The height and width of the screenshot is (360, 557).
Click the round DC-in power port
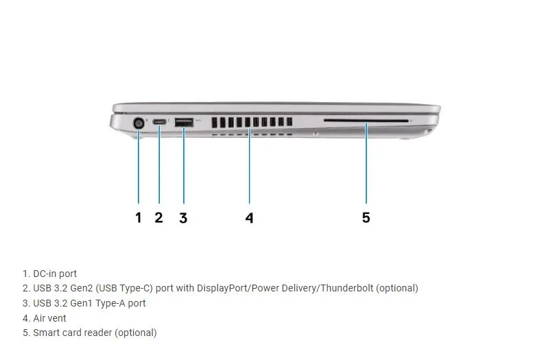(139, 123)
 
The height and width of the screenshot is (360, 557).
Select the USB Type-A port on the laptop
(184, 123)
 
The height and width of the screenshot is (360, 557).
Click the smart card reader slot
(366, 121)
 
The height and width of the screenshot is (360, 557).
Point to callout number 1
(139, 217)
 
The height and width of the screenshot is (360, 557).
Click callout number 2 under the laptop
(158, 217)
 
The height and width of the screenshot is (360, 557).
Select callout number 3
(183, 217)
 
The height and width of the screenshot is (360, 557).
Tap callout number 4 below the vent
(250, 217)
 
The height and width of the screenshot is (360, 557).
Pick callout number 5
(366, 217)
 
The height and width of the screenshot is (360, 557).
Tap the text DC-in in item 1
(45, 274)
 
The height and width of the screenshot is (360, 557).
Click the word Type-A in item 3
(110, 303)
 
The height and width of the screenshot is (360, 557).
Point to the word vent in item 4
(57, 318)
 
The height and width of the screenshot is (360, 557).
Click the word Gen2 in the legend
(82, 288)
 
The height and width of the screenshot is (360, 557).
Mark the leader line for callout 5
(366, 163)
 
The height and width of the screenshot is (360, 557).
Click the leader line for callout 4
(250, 165)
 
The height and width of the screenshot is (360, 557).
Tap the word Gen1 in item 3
(82, 303)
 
